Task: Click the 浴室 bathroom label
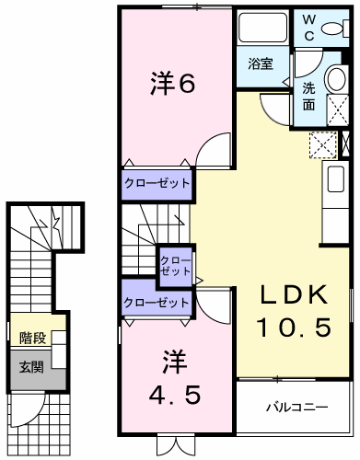click(x=260, y=64)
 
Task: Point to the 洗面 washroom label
click(x=309, y=98)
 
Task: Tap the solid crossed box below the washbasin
click(x=346, y=144)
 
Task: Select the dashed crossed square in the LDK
click(x=323, y=144)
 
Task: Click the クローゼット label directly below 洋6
click(x=157, y=183)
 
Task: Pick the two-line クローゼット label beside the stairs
click(x=174, y=265)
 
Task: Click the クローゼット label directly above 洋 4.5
click(x=157, y=302)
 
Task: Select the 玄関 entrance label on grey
click(x=31, y=367)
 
